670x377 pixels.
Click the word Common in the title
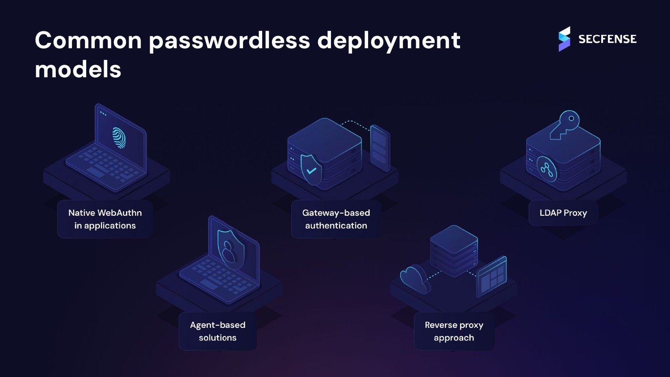(88, 40)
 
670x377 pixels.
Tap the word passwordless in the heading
(229, 41)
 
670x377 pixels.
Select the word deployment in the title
(389, 41)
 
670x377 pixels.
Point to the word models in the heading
(78, 70)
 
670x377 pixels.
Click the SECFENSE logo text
(607, 39)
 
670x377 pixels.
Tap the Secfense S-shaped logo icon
(564, 39)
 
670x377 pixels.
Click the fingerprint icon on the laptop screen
(119, 138)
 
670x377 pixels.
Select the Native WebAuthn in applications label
(105, 219)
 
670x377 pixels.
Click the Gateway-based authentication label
(336, 219)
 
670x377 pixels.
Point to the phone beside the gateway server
(380, 148)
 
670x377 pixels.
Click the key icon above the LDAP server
(565, 124)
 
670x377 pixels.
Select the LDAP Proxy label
(563, 213)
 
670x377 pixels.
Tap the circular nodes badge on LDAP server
(547, 169)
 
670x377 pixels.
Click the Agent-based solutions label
(218, 331)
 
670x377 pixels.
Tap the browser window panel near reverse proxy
(491, 276)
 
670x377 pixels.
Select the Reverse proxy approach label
(454, 331)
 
